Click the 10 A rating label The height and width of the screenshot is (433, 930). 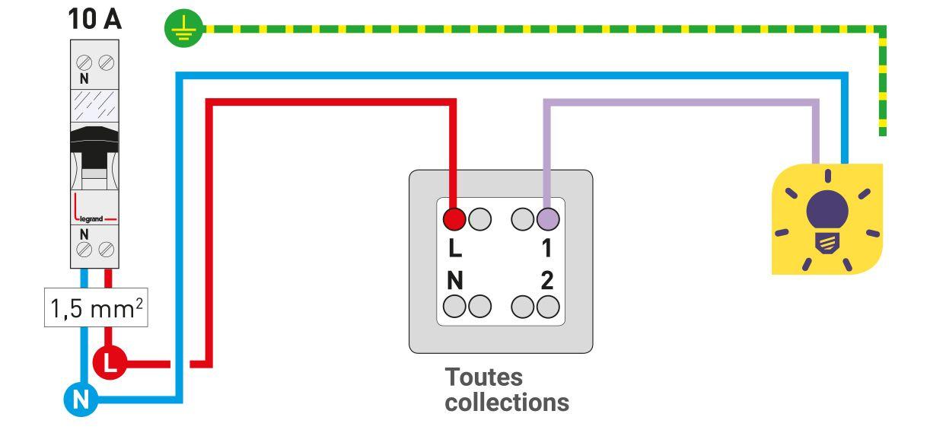click(95, 19)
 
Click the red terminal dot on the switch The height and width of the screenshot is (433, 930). click(454, 219)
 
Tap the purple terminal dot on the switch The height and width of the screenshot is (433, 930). click(547, 219)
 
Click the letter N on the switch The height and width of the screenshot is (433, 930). click(454, 281)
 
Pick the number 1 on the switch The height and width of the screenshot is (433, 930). click(546, 249)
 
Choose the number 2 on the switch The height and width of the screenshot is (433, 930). click(546, 281)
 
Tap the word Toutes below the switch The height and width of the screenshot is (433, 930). click(484, 377)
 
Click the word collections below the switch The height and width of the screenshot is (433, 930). click(507, 402)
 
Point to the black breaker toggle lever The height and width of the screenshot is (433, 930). click(94, 151)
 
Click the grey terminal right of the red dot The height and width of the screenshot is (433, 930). click(479, 219)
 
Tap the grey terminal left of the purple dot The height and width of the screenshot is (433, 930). click(523, 219)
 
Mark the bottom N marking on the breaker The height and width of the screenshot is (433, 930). click(83, 234)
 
